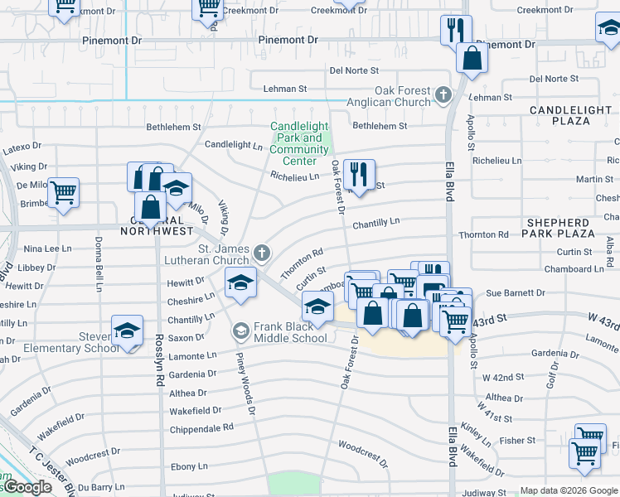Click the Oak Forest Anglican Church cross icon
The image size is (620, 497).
443,95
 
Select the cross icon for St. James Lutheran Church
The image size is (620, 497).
262,252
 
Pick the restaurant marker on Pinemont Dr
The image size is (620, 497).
455,31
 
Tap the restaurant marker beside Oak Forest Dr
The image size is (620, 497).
359,174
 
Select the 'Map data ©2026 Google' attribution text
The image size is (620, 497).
568,490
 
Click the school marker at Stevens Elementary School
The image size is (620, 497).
127,331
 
